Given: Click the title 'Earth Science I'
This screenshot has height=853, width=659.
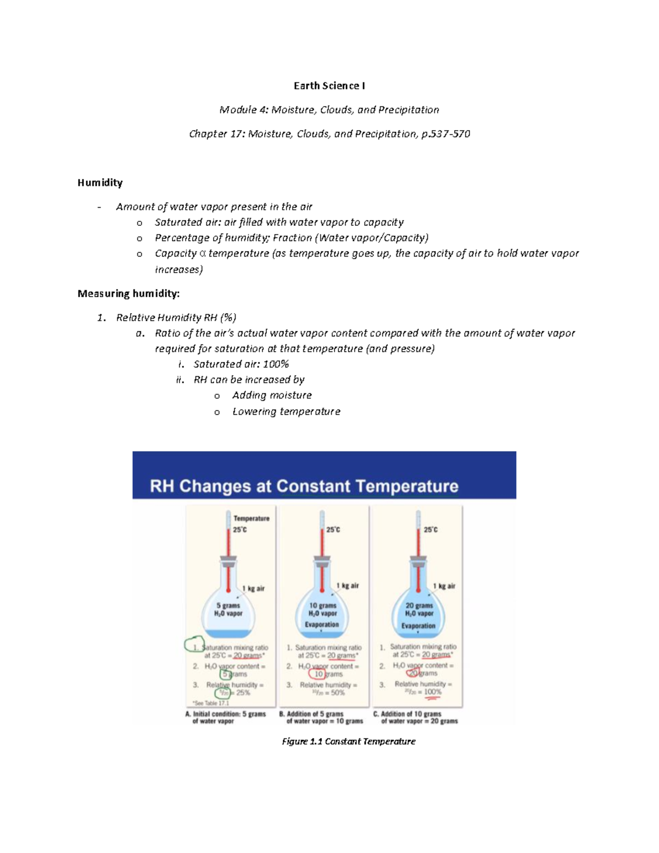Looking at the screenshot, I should point(329,86).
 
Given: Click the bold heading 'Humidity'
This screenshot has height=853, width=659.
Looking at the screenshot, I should point(100,182).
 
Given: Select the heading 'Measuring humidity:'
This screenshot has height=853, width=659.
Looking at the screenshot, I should point(129,293).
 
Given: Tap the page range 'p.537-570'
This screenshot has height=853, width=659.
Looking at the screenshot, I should point(445,133).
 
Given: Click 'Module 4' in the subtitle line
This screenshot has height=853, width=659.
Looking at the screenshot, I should point(239,110).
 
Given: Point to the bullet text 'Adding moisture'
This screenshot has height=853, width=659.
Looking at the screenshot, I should point(272,395).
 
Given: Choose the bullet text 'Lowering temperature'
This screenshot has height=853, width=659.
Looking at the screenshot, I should point(286,411).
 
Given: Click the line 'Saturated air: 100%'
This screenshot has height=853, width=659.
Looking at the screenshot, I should point(241,364).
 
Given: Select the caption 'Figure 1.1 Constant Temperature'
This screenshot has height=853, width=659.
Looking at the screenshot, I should point(348,742).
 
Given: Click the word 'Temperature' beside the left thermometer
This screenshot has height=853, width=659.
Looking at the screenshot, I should point(252,519).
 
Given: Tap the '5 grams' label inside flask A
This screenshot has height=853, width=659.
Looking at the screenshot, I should point(228,605).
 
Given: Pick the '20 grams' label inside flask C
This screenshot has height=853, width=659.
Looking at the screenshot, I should point(419,605).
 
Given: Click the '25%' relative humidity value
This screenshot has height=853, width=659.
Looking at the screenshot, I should point(243,693).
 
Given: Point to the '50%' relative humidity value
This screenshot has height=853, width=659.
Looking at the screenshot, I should point(338,693).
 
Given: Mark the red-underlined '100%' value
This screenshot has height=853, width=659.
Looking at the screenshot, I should point(432,692).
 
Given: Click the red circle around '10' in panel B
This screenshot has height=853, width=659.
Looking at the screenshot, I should point(317,674).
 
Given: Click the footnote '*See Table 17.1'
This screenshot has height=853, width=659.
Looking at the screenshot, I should point(211,703).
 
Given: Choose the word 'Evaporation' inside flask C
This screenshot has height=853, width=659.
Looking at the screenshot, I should point(418,626).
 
